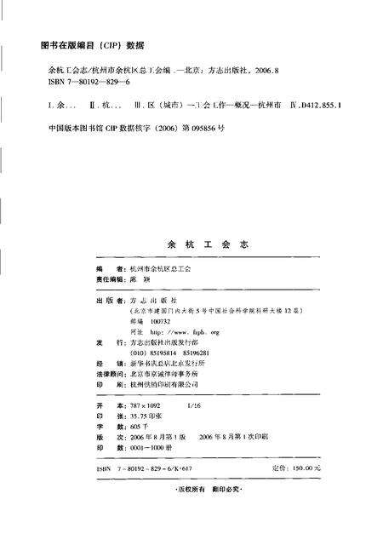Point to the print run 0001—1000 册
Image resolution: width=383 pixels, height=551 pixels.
[152, 447]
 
